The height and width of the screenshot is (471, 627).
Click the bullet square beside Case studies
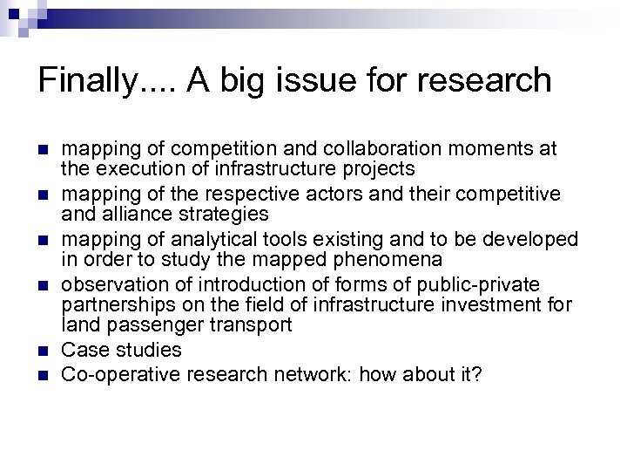click(x=47, y=351)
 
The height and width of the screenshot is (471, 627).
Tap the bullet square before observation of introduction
click(x=47, y=285)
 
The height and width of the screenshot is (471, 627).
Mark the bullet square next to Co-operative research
click(x=47, y=376)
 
